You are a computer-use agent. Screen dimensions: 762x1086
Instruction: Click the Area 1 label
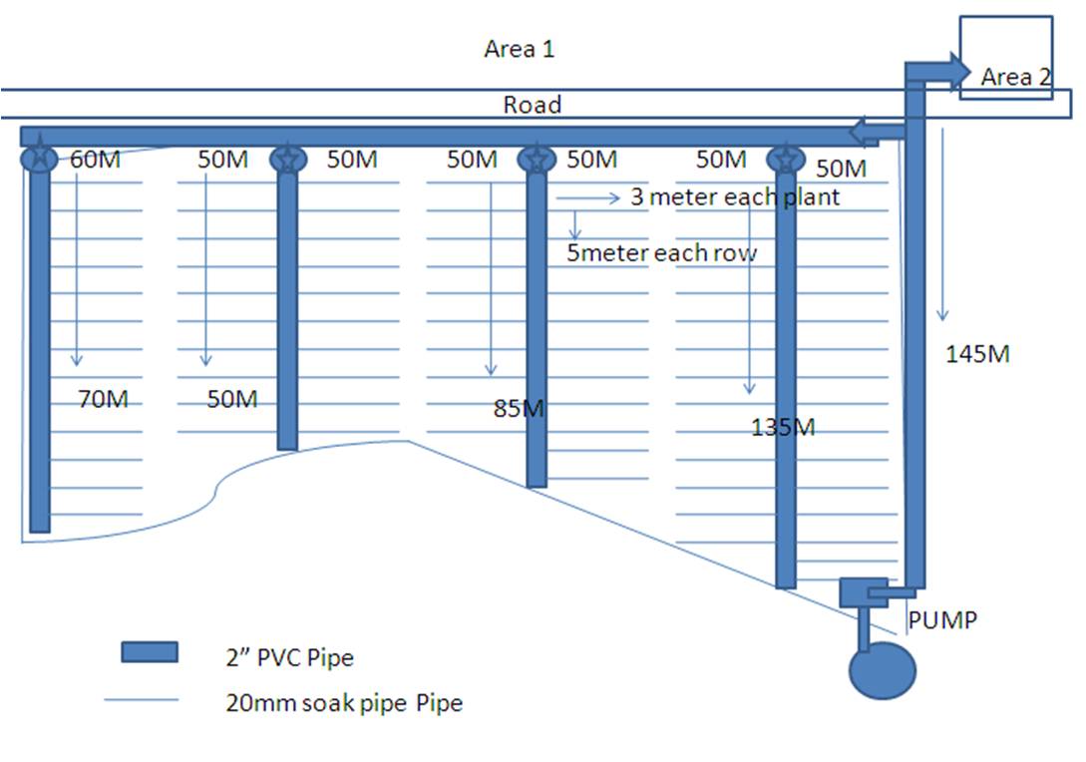519,49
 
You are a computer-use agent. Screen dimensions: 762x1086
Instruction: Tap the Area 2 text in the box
1015,78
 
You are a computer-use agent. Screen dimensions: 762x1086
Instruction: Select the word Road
532,105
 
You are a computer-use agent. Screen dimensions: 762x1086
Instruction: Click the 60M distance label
95,159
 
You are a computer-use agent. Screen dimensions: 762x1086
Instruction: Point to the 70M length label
103,400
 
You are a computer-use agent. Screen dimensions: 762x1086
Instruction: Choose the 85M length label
519,408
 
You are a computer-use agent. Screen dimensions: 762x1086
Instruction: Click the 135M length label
783,428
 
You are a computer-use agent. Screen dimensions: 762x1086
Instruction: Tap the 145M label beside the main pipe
977,354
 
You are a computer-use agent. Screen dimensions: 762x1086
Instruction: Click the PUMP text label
942,619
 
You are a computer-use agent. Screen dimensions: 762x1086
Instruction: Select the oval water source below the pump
882,670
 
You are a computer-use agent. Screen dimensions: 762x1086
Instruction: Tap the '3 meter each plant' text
734,197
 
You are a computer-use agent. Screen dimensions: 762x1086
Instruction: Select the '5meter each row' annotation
661,253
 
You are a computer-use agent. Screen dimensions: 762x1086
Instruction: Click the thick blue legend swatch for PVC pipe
150,652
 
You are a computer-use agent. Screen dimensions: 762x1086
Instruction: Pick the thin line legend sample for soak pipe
142,701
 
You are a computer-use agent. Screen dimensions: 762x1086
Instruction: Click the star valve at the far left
39,158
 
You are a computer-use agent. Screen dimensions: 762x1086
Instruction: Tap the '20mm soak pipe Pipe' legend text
344,703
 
